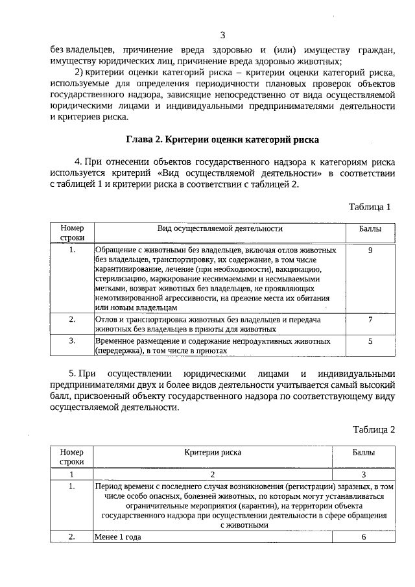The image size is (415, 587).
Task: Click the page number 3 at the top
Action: click(x=222, y=35)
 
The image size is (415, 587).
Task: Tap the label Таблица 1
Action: click(x=370, y=208)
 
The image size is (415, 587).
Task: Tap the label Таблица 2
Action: click(x=373, y=429)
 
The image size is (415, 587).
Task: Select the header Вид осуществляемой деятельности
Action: click(x=220, y=229)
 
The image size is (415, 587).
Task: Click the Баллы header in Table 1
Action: click(x=370, y=229)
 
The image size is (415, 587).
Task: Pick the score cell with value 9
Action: click(x=370, y=250)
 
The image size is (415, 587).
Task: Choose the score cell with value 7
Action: click(x=370, y=320)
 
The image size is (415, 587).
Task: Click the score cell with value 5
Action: click(x=370, y=341)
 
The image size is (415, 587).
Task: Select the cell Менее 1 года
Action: click(x=118, y=537)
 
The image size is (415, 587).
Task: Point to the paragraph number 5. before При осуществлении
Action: click(x=73, y=374)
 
